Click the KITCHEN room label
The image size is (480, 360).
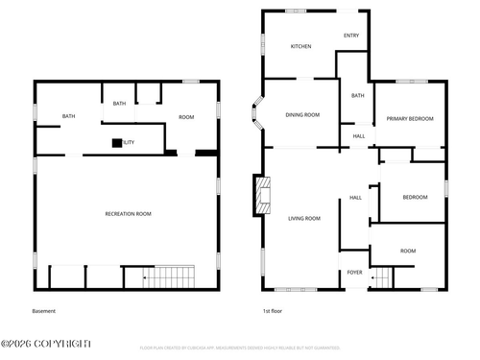click(x=301, y=46)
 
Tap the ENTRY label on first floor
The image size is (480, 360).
click(x=351, y=36)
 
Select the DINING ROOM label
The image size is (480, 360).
click(x=302, y=114)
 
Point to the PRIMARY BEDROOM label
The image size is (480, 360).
click(x=410, y=118)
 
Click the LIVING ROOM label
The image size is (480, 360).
click(x=304, y=218)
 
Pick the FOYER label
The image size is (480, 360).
click(x=354, y=272)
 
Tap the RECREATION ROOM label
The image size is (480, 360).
click(x=128, y=213)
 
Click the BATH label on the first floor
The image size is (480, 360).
click(x=357, y=95)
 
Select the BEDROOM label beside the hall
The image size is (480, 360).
click(x=415, y=197)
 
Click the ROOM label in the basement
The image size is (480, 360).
click(x=186, y=117)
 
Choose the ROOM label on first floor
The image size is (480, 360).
click(x=408, y=251)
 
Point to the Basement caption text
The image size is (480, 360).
click(x=44, y=311)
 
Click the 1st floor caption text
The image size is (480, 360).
click(x=273, y=311)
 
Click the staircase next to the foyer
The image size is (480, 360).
click(x=382, y=278)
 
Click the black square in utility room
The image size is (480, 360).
click(x=117, y=143)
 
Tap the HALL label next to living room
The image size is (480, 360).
click(x=355, y=198)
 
